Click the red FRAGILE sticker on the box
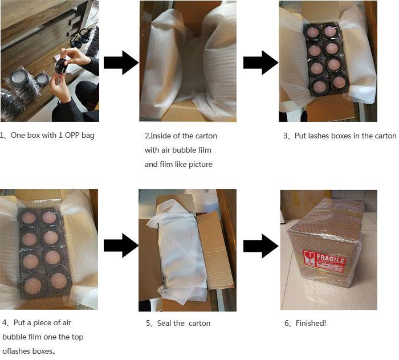point(324,262)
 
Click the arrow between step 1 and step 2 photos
point(121,63)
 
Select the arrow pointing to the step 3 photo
point(261,63)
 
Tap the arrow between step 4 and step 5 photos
point(121,246)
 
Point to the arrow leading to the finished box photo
point(261,246)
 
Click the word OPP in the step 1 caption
point(72,135)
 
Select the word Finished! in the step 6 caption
point(311,323)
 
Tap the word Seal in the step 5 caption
point(164,323)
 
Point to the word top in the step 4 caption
point(78,337)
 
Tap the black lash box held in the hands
point(62,66)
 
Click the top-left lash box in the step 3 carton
point(313,33)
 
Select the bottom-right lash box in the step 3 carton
point(338,83)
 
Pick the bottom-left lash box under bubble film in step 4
point(32,285)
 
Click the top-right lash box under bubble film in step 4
point(50,218)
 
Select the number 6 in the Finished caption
point(287,323)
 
